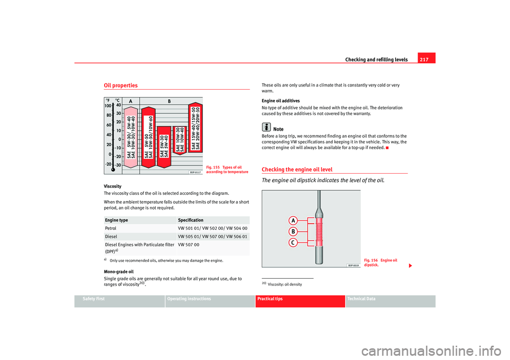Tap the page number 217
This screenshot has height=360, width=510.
coord(426,59)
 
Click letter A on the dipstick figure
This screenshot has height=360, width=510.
coord(292,221)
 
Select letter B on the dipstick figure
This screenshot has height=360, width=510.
coord(292,232)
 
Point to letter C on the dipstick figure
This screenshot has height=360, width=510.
coord(292,243)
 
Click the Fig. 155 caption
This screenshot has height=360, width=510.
coord(227,169)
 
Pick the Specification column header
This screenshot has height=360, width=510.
coord(191,220)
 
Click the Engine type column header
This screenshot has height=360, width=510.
coord(116,220)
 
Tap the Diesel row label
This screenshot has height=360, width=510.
coord(111,236)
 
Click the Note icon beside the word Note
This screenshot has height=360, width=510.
coord(266,127)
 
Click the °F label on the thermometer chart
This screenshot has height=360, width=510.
coord(108,99)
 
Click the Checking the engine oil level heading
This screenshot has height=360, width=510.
coord(297,169)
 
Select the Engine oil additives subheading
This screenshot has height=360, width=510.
coord(280,100)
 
